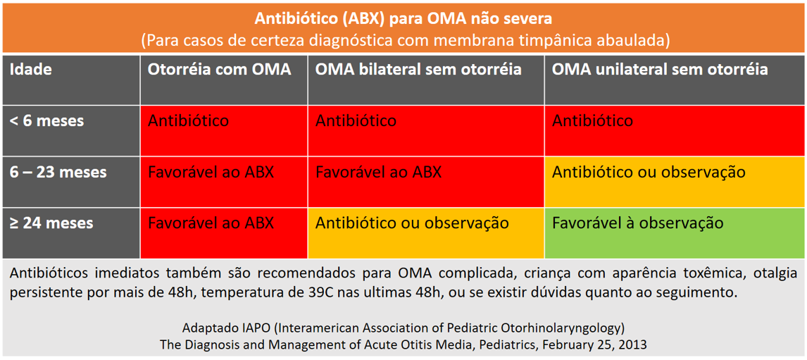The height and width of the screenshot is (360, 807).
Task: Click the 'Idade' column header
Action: point(32,70)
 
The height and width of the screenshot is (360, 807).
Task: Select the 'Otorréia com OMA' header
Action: point(220,70)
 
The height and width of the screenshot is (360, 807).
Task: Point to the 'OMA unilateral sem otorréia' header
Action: point(661,70)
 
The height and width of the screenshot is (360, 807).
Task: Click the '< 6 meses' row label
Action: point(47,121)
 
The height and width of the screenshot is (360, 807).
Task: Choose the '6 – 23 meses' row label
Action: point(58,172)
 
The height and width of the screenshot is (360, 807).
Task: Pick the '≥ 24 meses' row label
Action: point(52,223)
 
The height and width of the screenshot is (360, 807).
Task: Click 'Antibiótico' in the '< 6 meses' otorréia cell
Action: point(188,121)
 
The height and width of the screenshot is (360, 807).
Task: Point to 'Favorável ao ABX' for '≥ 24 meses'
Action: point(211,223)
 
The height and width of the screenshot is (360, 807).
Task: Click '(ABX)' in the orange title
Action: point(365,20)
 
